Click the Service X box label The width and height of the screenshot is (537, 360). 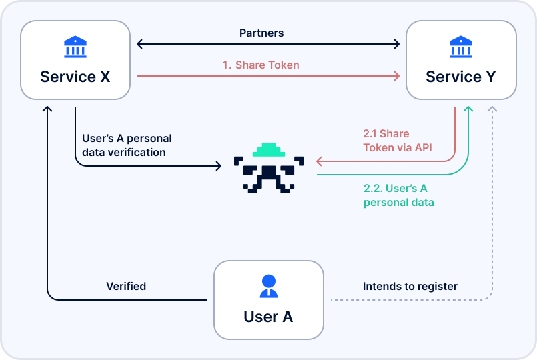(75, 77)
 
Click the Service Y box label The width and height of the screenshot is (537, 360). (460, 77)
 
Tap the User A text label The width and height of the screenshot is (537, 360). (268, 316)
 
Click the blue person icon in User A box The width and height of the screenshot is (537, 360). (268, 286)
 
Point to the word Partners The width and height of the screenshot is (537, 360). (261, 33)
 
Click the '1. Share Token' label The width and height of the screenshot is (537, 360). (261, 65)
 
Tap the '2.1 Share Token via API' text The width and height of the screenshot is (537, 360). (398, 141)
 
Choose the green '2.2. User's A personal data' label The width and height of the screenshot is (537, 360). (398, 195)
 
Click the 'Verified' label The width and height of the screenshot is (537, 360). (126, 286)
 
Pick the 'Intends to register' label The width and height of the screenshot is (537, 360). (410, 286)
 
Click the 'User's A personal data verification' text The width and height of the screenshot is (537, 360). (127, 145)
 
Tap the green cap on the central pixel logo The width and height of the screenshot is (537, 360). (268, 150)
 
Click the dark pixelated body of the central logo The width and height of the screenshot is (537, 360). (268, 173)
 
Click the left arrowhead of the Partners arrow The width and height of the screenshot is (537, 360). (139, 45)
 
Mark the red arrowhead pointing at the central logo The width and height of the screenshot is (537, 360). (320, 161)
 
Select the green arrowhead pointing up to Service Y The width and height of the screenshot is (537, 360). (469, 109)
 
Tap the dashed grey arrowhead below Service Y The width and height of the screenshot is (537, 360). (492, 109)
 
